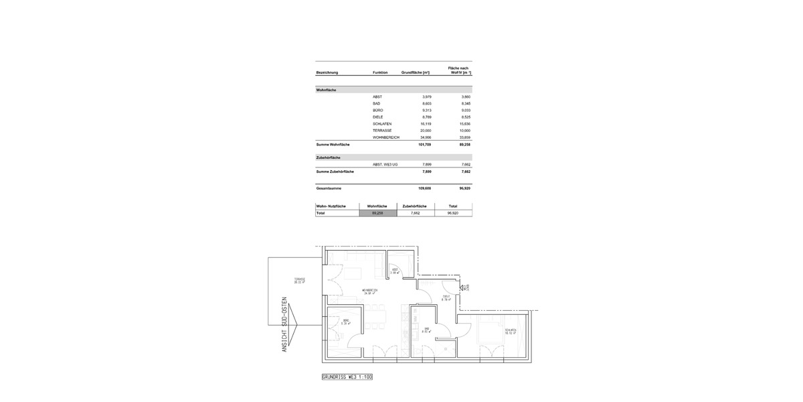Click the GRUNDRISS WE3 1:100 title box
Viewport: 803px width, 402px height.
point(347,377)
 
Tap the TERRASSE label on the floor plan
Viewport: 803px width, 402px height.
point(299,280)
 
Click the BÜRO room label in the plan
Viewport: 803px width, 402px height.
point(346,322)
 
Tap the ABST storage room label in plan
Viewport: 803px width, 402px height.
point(395,271)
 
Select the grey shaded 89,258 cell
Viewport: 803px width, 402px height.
point(378,213)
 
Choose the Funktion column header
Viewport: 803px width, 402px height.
point(380,72)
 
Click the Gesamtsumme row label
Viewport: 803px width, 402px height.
point(329,188)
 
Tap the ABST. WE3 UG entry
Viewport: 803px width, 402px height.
point(385,164)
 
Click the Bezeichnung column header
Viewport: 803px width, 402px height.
point(327,72)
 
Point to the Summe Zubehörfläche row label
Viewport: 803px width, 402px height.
point(335,172)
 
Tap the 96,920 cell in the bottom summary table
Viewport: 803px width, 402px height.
point(453,213)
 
